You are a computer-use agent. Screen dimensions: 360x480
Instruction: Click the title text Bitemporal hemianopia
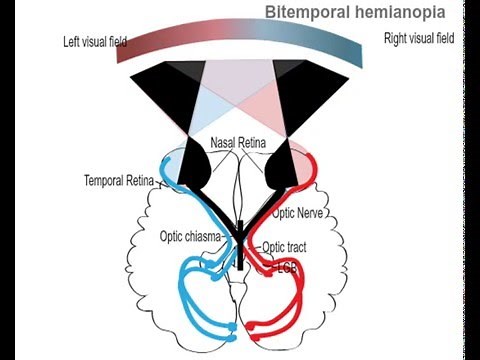(355, 13)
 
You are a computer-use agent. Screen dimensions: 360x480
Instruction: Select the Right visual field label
(419, 39)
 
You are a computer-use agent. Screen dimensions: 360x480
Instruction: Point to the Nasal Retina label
(238, 145)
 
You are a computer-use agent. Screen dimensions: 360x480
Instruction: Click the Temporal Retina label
(119, 182)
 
